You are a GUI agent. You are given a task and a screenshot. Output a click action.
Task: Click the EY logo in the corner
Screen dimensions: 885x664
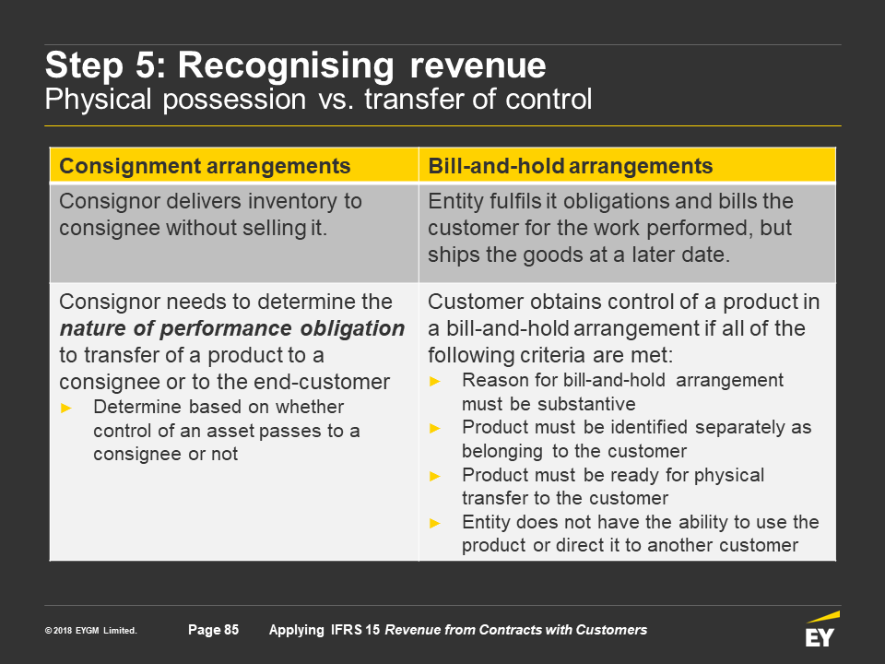click(x=821, y=628)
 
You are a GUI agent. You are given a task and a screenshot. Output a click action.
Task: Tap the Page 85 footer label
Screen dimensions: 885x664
click(x=213, y=630)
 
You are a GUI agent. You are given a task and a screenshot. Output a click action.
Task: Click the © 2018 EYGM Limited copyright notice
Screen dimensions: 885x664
click(x=91, y=631)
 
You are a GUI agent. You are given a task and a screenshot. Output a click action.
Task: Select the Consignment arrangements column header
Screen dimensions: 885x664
click(x=205, y=166)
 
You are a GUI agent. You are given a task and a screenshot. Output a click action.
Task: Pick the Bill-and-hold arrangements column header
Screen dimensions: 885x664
click(x=570, y=166)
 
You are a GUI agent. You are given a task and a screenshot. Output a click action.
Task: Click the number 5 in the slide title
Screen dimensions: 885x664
click(x=145, y=65)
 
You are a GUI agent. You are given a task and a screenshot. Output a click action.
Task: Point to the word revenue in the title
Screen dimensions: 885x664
click(x=478, y=66)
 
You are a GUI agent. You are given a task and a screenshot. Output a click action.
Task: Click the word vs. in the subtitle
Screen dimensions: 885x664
click(x=335, y=100)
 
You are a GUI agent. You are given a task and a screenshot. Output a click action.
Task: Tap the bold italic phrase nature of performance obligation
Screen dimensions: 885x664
click(x=232, y=328)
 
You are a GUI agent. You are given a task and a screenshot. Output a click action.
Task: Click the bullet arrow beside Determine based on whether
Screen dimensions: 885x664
click(x=66, y=408)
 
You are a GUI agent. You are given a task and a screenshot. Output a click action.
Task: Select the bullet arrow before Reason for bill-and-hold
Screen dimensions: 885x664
click(x=434, y=382)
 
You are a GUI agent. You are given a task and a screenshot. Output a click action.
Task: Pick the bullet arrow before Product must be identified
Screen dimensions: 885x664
click(x=434, y=429)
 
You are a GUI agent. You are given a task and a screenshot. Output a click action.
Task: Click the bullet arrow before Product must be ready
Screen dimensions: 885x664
click(x=434, y=476)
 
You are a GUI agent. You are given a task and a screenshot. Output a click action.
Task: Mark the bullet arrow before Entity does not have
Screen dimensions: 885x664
click(x=434, y=524)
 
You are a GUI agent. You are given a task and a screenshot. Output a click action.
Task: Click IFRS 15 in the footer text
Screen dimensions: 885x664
click(x=355, y=630)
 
